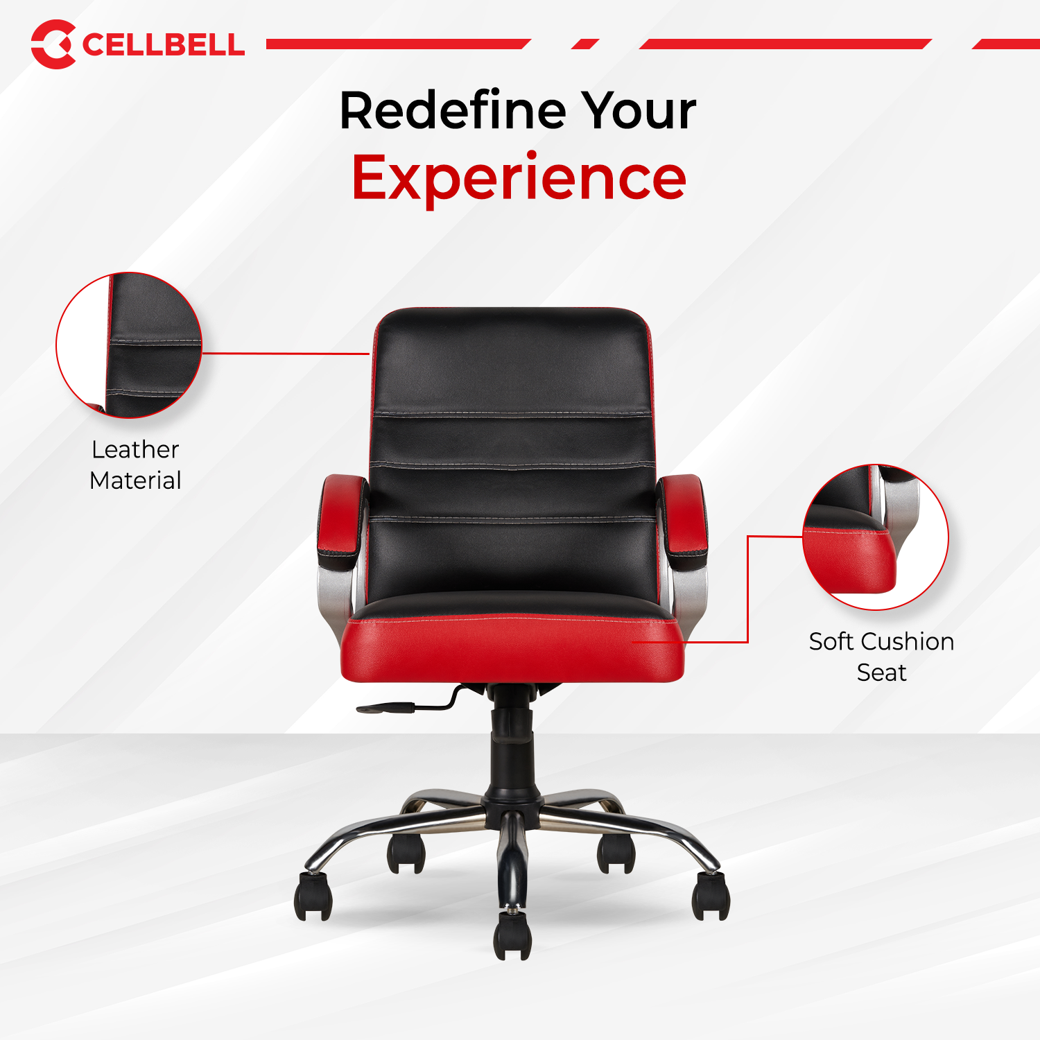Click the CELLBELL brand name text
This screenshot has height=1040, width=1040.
point(163,45)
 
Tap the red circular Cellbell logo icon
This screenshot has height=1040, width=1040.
point(53,44)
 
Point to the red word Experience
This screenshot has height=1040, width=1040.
point(519,178)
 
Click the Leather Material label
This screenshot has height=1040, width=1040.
point(135,465)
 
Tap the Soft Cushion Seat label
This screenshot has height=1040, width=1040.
point(881,657)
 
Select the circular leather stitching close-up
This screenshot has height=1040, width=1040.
point(129,345)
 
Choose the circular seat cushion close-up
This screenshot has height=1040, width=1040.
point(875,537)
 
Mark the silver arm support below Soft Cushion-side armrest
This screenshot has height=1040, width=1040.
point(690,596)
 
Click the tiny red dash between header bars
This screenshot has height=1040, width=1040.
point(585,44)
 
